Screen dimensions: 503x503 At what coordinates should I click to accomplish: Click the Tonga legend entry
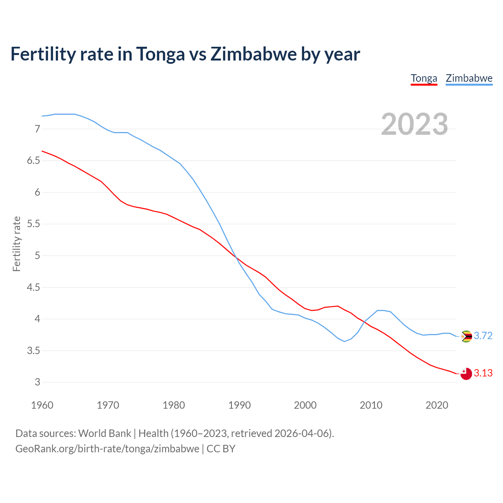pyautogui.click(x=424, y=78)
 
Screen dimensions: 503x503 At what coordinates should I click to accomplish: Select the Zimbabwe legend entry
pyautogui.click(x=469, y=78)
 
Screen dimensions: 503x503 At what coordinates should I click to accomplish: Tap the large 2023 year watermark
pyautogui.click(x=414, y=124)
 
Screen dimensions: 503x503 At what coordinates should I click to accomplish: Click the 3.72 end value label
pyautogui.click(x=483, y=336)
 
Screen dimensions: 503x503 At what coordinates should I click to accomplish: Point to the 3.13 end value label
pyautogui.click(x=483, y=373)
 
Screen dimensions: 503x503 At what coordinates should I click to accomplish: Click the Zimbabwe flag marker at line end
pyautogui.click(x=466, y=336)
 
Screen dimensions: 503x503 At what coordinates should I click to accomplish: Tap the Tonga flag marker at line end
pyautogui.click(x=466, y=374)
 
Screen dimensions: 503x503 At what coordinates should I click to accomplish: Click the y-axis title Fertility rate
pyautogui.click(x=17, y=244)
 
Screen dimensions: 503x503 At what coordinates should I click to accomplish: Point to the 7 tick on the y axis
pyautogui.click(x=37, y=129)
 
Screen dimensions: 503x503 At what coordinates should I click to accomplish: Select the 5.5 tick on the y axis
pyautogui.click(x=33, y=224)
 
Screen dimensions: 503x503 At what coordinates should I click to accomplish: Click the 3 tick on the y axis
pyautogui.click(x=37, y=382)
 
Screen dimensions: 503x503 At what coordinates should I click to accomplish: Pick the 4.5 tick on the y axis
pyautogui.click(x=33, y=288)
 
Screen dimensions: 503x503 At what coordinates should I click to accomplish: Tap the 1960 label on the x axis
pyautogui.click(x=42, y=405)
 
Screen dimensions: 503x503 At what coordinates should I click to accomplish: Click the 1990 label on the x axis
pyautogui.click(x=239, y=405)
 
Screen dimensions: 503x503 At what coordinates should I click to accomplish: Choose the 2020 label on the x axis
pyautogui.click(x=437, y=405)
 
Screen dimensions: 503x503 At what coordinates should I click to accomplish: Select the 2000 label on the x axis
pyautogui.click(x=305, y=405)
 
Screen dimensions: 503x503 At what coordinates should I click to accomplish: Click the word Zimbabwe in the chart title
pyautogui.click(x=253, y=54)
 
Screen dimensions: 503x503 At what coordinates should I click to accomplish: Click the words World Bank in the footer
pyautogui.click(x=105, y=433)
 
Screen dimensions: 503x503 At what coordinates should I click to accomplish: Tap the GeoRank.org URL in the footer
pyautogui.click(x=107, y=449)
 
